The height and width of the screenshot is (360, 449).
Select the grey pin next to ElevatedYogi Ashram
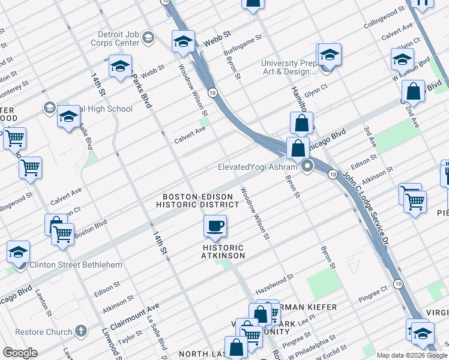coord(308,167)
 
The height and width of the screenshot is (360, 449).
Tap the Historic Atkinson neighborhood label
coord(223,251)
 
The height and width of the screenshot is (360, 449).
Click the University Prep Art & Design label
coord(288,68)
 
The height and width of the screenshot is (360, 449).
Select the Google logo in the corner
coord(20,353)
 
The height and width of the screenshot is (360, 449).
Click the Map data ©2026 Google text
coord(412,355)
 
